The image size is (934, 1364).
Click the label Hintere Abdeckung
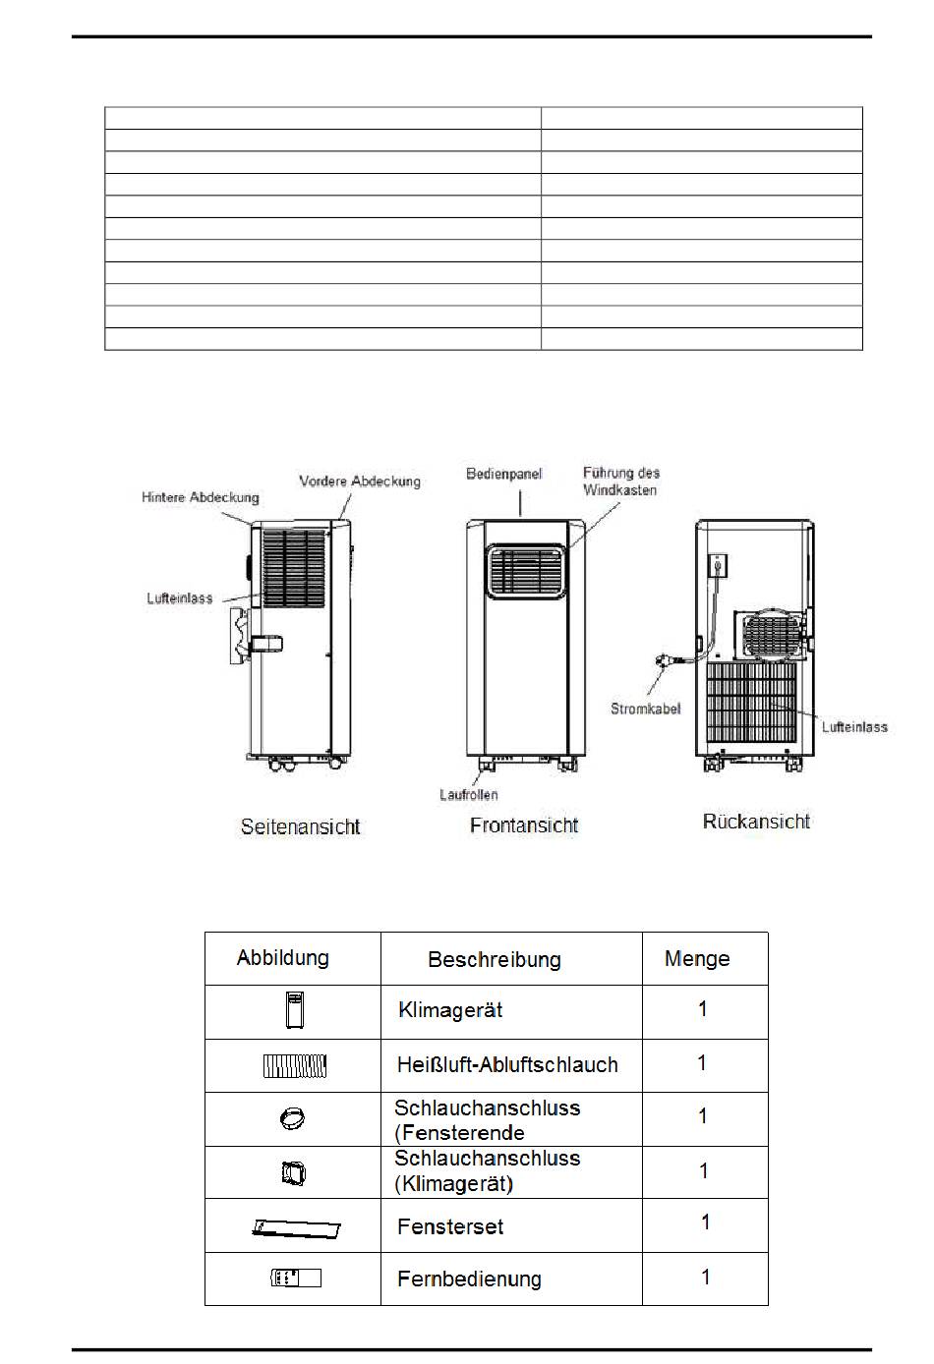(x=200, y=498)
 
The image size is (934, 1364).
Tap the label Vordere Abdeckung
(x=359, y=482)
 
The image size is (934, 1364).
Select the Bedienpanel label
(x=503, y=474)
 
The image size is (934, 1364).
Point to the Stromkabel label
(x=645, y=709)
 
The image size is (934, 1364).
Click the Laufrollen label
(x=468, y=794)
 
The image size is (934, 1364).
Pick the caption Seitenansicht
(x=300, y=827)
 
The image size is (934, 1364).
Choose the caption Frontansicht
(x=524, y=825)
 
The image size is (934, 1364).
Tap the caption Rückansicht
(x=756, y=822)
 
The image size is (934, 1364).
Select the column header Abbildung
(x=282, y=958)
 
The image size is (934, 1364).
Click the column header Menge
(x=697, y=959)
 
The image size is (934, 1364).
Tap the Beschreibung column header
(x=494, y=960)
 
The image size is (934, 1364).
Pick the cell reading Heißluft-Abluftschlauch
(x=507, y=1065)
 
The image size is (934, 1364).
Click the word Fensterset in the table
(x=450, y=1226)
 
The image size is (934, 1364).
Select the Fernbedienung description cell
(x=469, y=1279)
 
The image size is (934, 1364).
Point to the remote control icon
(x=295, y=1278)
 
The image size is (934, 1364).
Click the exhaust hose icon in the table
(x=295, y=1065)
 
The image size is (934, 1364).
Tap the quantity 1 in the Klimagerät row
(x=702, y=1009)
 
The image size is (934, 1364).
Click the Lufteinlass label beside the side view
(x=179, y=598)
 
